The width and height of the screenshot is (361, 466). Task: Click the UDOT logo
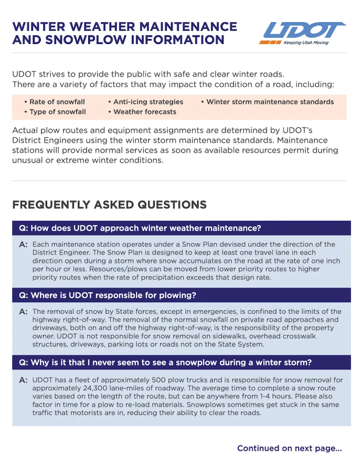point(302,31)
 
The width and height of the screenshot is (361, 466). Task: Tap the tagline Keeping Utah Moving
point(306,42)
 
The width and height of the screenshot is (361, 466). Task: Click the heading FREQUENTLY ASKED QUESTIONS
point(109,205)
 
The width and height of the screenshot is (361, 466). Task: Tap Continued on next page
point(289,448)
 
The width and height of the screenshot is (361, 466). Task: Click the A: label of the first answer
point(24,245)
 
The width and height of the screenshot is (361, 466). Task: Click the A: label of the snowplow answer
point(24,380)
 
